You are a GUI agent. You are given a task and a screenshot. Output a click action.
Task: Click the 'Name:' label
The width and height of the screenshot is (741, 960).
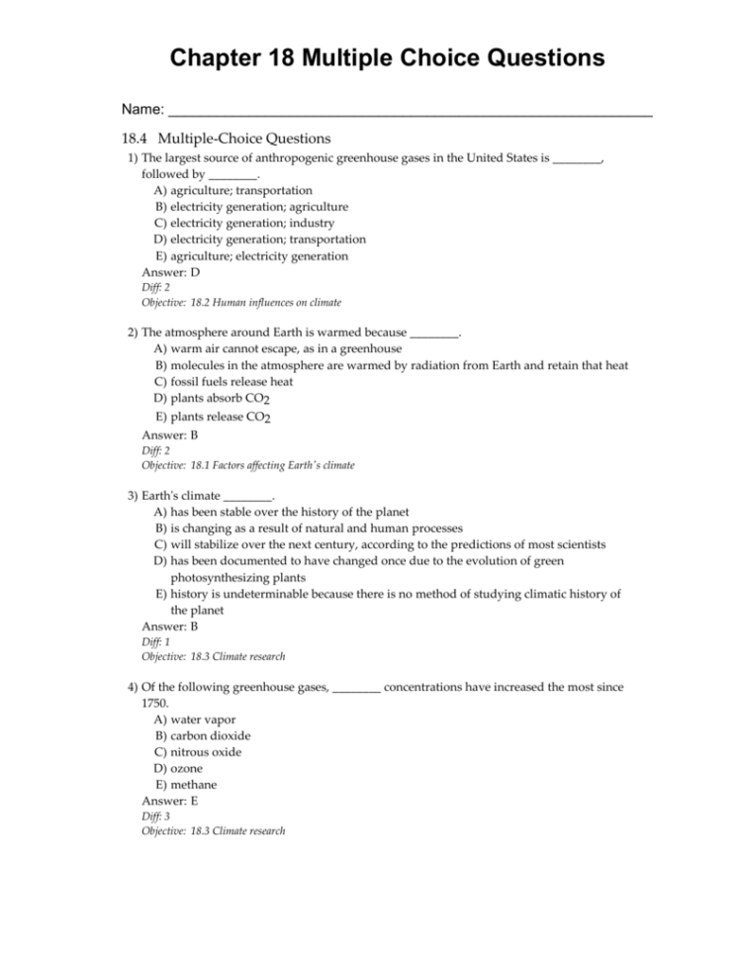tap(142, 106)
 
